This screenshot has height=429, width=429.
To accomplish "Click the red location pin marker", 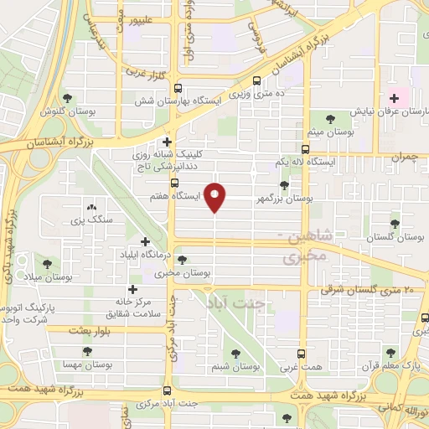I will (215, 197).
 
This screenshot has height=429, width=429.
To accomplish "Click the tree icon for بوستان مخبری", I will (183, 260).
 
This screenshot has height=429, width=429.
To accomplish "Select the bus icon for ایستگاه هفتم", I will (174, 183).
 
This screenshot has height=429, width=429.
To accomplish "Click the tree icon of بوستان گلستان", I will (395, 224).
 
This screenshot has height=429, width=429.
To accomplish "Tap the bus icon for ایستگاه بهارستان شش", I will (256, 82).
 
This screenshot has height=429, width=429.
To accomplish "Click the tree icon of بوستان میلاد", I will (45, 263).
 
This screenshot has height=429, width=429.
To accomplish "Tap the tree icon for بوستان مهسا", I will (86, 352).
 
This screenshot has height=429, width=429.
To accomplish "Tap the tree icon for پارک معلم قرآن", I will (387, 353).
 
